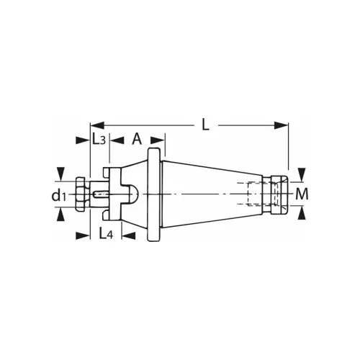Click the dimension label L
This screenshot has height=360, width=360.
pos(205,125)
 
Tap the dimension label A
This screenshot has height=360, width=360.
pos(137,139)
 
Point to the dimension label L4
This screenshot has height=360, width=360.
pos(105,234)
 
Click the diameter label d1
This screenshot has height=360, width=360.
pos(58,195)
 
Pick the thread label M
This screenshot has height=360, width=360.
pos(302,194)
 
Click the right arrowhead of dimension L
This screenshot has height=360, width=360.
pos(283,125)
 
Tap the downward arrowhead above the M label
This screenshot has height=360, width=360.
pos(302,174)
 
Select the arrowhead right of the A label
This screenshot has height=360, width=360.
pos(160,139)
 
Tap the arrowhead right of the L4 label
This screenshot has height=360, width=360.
pos(130,234)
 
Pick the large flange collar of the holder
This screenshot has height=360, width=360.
pos(153,194)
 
